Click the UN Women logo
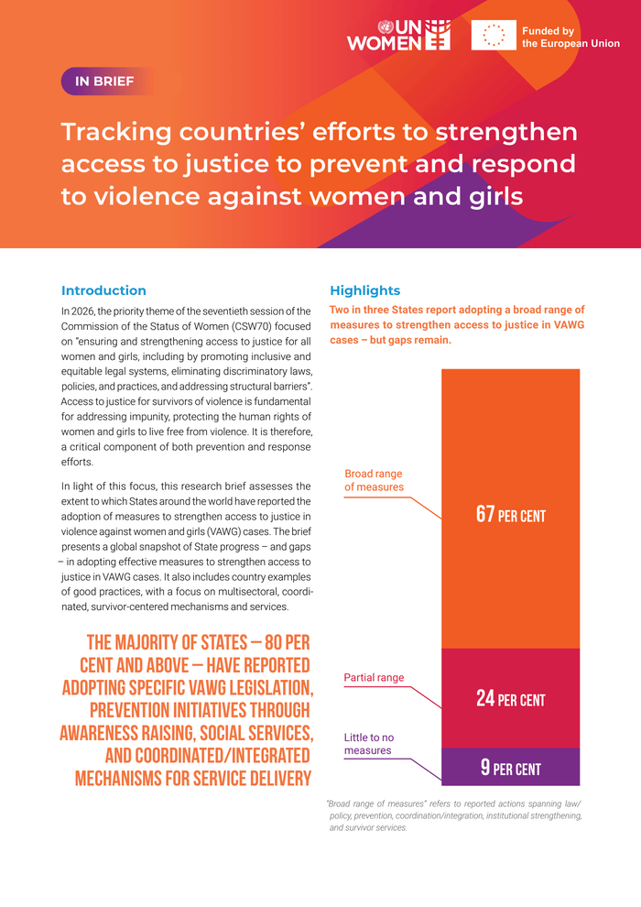point(398,35)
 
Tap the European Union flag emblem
point(494,35)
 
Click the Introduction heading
point(103,290)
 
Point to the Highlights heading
point(364,290)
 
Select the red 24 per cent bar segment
point(510,698)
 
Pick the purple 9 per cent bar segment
point(510,768)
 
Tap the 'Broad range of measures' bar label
point(374,480)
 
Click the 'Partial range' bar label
point(374,678)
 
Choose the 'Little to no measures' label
point(369,744)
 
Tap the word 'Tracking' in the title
point(116,132)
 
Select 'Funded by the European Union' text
point(570,37)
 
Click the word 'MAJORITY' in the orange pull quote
point(169,642)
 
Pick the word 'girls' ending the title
point(462,196)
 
